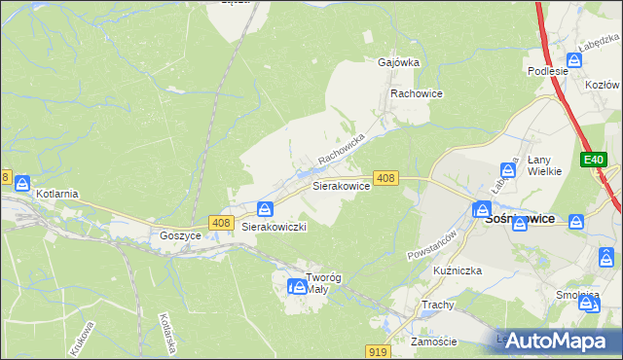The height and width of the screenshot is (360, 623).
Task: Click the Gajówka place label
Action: click(x=398, y=62)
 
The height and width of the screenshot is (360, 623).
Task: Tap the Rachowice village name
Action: click(x=417, y=93)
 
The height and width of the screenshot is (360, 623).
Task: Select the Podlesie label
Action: click(x=547, y=71)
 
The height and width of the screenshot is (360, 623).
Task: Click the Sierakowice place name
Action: click(x=340, y=185)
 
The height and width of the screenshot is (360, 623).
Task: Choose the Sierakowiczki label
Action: click(x=275, y=227)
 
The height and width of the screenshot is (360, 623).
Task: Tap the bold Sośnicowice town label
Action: click(x=520, y=219)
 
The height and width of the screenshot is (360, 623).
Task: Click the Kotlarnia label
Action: click(x=56, y=194)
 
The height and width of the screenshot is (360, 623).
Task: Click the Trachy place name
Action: click(x=438, y=305)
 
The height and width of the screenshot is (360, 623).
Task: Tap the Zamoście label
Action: click(x=434, y=342)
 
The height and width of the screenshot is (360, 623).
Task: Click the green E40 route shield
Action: click(x=595, y=160)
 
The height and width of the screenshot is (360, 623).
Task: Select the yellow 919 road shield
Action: click(x=381, y=350)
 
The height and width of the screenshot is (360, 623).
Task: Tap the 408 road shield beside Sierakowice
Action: click(x=385, y=178)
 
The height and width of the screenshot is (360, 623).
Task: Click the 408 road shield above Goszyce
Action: click(x=219, y=224)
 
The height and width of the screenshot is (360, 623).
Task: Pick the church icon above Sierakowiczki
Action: click(x=265, y=208)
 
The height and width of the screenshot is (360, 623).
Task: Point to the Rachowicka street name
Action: click(x=340, y=148)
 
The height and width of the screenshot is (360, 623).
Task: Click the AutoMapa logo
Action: click(x=559, y=341)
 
